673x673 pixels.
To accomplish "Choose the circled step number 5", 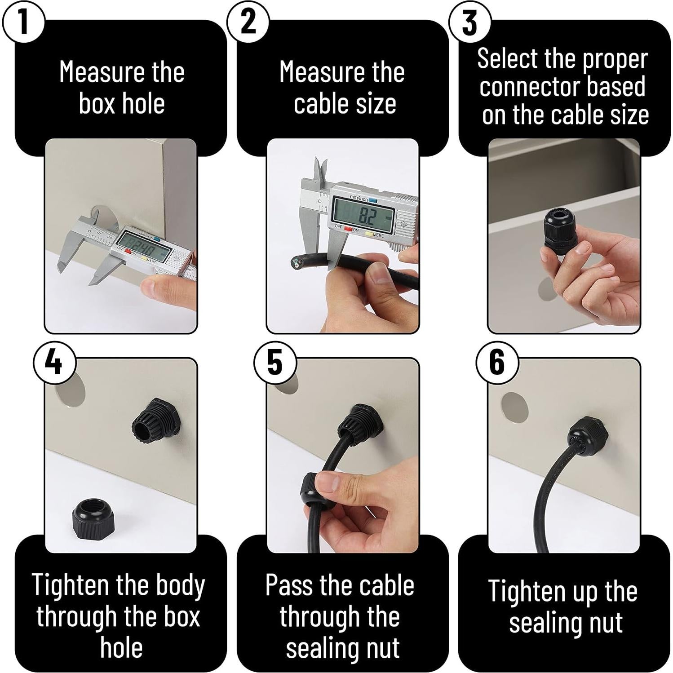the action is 275,362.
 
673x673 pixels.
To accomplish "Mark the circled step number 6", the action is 497,362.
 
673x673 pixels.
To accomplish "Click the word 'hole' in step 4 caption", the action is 121,647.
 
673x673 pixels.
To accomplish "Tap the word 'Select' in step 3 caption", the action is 507,59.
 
